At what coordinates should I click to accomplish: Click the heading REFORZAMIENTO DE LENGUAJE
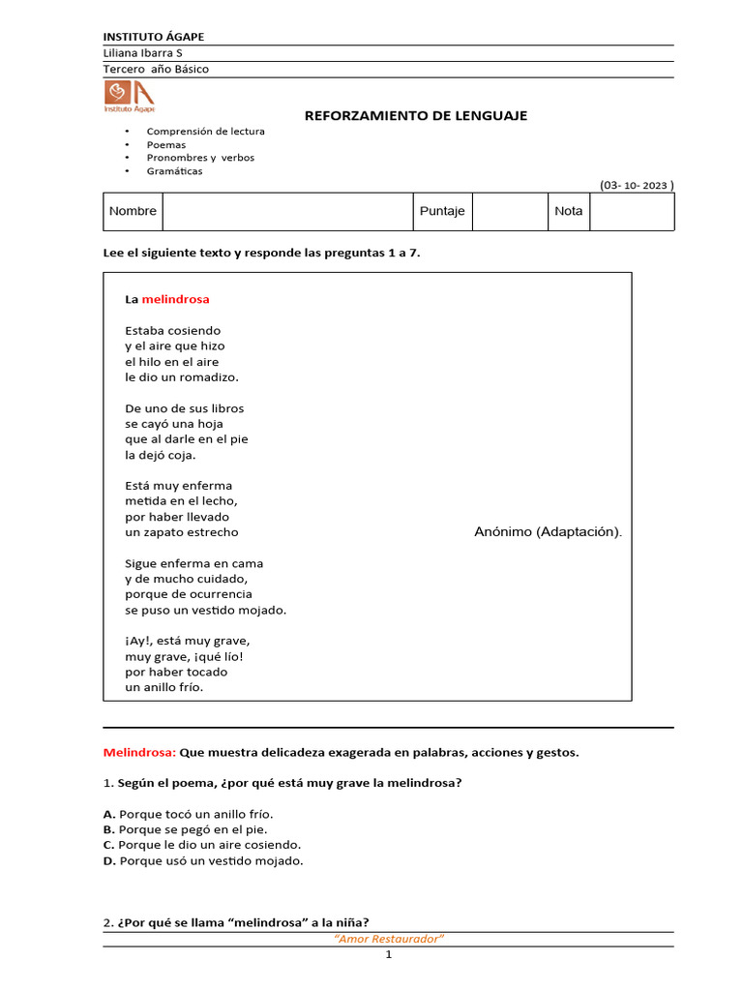point(416,115)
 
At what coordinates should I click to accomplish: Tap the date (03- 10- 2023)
point(636,185)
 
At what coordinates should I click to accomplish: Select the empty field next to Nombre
point(287,211)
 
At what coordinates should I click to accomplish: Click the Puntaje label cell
point(442,211)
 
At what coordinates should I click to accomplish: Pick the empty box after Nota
point(632,211)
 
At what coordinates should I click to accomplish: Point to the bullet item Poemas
point(165,144)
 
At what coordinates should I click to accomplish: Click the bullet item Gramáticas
point(174,171)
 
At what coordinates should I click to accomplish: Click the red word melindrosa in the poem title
point(175,299)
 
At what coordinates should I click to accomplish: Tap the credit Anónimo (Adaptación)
point(549,531)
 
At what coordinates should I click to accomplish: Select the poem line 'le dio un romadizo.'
point(181,376)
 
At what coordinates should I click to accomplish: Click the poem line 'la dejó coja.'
point(160,454)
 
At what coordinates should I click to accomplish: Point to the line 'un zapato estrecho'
point(181,532)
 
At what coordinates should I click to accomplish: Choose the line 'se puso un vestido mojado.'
point(205,610)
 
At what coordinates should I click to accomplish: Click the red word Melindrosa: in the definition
point(139,752)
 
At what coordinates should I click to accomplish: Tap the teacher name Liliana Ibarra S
point(142,53)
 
